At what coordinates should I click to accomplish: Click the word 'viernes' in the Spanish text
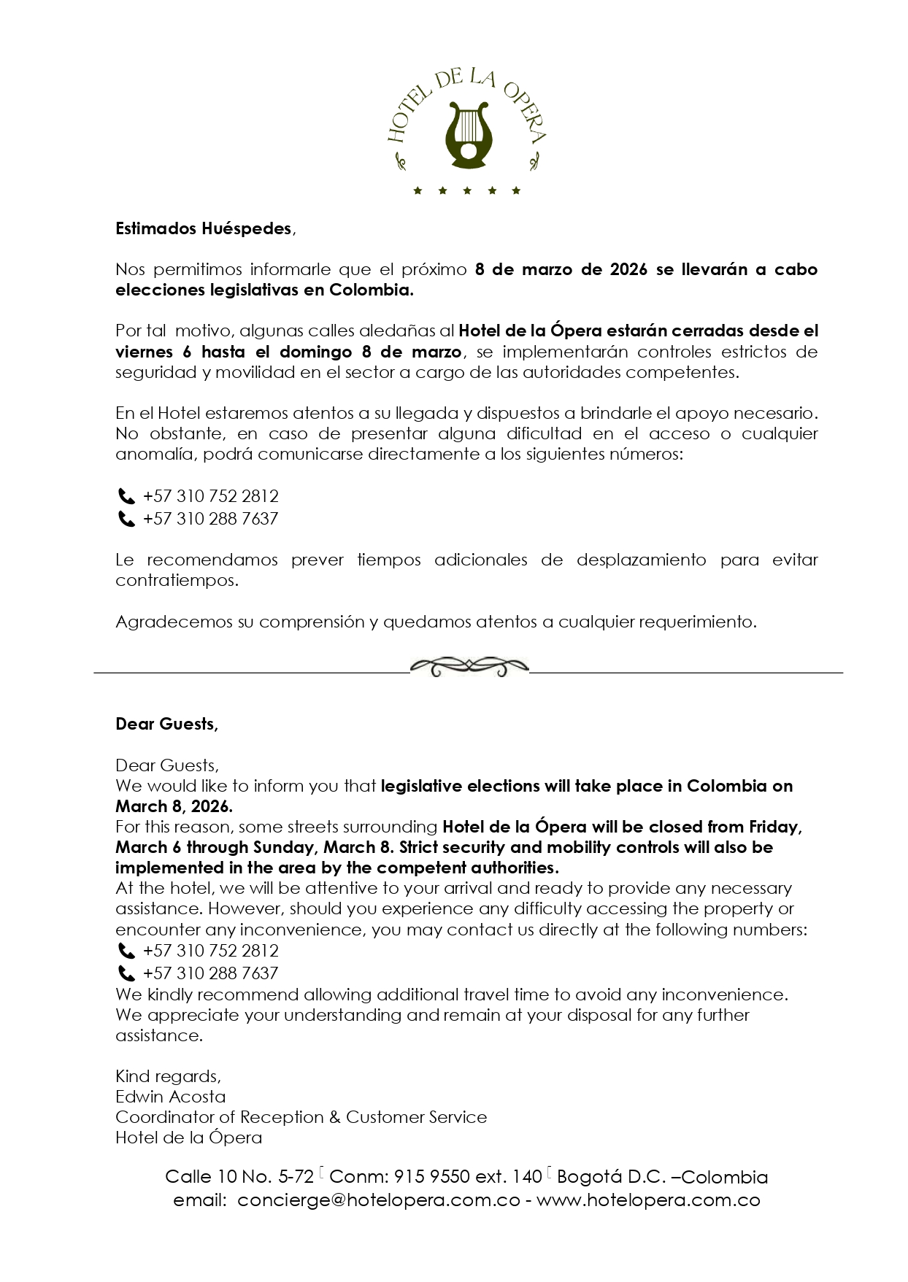tap(144, 352)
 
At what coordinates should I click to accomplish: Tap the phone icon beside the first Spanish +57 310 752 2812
tap(126, 497)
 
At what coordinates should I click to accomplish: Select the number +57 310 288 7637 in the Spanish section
tap(211, 519)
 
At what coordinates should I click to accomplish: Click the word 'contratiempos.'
tap(177, 581)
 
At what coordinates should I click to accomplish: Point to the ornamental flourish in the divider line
tap(469, 666)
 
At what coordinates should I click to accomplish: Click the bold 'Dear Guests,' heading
tap(166, 724)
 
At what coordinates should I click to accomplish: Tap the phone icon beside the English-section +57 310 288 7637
tap(126, 973)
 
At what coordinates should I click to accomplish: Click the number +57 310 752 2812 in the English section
tap(211, 951)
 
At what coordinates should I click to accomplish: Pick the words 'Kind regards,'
tap(168, 1076)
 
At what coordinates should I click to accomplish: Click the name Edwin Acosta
tap(171, 1097)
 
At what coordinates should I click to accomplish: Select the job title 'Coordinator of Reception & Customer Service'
tap(301, 1117)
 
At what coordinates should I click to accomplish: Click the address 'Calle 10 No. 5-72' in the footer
tap(239, 1177)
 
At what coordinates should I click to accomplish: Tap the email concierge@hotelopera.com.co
tap(379, 1200)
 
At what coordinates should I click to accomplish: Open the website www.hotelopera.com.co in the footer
tap(648, 1200)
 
